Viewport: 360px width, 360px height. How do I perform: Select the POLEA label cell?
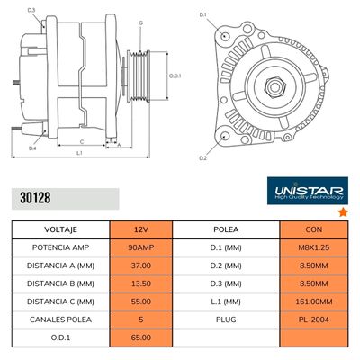[x=225, y=229]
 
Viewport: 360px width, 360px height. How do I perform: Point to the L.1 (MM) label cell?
[x=225, y=303]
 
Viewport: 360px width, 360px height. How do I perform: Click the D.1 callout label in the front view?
[x=202, y=15]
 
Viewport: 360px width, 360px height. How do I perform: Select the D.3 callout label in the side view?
[x=31, y=10]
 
